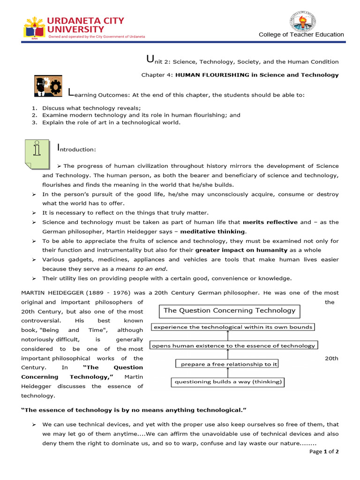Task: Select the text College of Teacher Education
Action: pos(301,35)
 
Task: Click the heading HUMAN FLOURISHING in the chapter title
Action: pos(210,75)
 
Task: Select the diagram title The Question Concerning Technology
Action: pos(229,310)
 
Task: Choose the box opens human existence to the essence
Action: pos(233,345)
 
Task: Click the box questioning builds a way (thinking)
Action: pos(228,382)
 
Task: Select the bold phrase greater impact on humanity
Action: pos(241,250)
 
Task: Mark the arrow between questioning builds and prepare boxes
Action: pos(228,373)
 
